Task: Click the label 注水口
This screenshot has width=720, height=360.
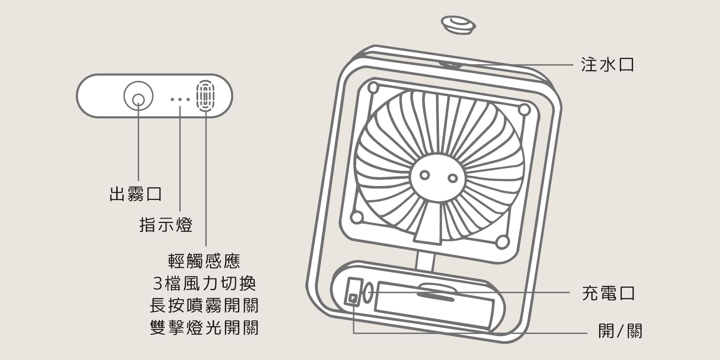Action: (607, 65)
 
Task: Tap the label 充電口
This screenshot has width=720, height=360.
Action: (608, 293)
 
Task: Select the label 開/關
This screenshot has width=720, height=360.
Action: (620, 331)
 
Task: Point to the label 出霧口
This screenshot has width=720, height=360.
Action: (136, 194)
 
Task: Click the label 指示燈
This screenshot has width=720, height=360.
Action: (166, 225)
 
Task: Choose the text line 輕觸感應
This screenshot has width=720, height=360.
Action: (204, 261)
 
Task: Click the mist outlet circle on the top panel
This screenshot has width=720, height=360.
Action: (139, 97)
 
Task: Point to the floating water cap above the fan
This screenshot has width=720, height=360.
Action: (458, 25)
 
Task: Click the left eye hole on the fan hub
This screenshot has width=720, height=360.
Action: (425, 175)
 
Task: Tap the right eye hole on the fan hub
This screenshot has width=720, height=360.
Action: (453, 178)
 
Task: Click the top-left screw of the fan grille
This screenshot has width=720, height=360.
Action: (373, 87)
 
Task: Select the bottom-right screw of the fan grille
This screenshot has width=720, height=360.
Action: (502, 242)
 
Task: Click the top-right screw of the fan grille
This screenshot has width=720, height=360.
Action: (524, 109)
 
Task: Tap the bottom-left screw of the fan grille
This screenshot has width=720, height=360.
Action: (357, 217)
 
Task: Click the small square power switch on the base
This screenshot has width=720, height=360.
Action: (353, 298)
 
